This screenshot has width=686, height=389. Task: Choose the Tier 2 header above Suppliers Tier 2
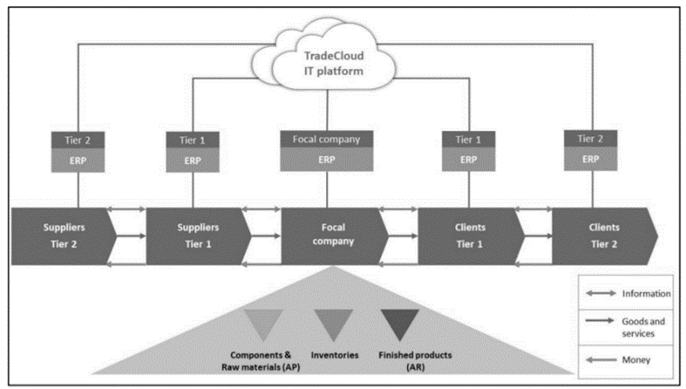pyautogui.click(x=79, y=137)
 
